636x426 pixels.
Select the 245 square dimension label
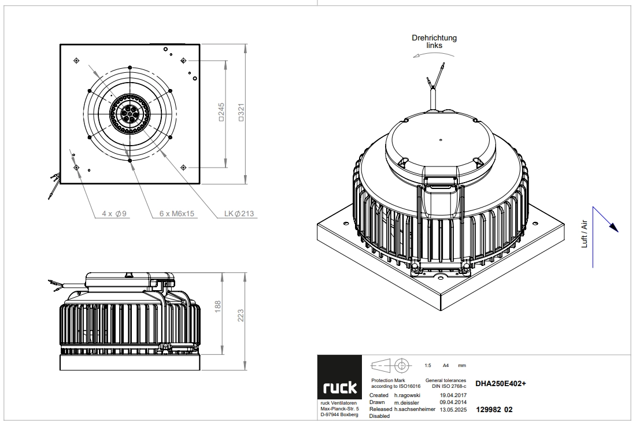coord(221,112)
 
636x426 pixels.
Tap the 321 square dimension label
coord(241,113)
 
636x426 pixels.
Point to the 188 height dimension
coord(218,306)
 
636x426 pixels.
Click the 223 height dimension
coord(241,316)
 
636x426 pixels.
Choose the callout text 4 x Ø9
coord(114,214)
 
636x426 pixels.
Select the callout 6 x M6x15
coord(177,214)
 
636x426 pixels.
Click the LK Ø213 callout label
coord(239,214)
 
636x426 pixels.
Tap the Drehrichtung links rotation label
coord(434,42)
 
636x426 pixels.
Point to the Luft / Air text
coord(585,234)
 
